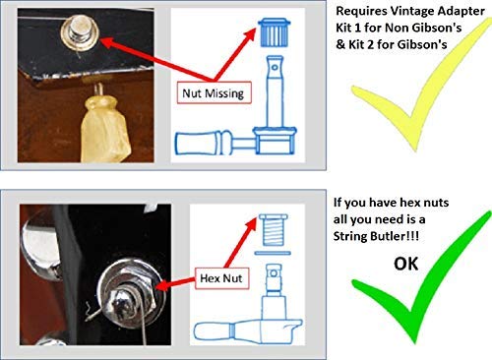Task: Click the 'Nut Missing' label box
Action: pyautogui.click(x=215, y=92)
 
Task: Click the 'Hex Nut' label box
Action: pyautogui.click(x=221, y=278)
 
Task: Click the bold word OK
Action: pyautogui.click(x=406, y=264)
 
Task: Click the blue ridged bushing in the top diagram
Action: pyautogui.click(x=275, y=32)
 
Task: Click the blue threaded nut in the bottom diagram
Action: pyautogui.click(x=274, y=230)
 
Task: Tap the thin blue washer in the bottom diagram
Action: pyautogui.click(x=273, y=253)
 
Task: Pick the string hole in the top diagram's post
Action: pyautogui.click(x=275, y=68)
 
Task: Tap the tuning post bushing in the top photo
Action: pyautogui.click(x=80, y=33)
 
